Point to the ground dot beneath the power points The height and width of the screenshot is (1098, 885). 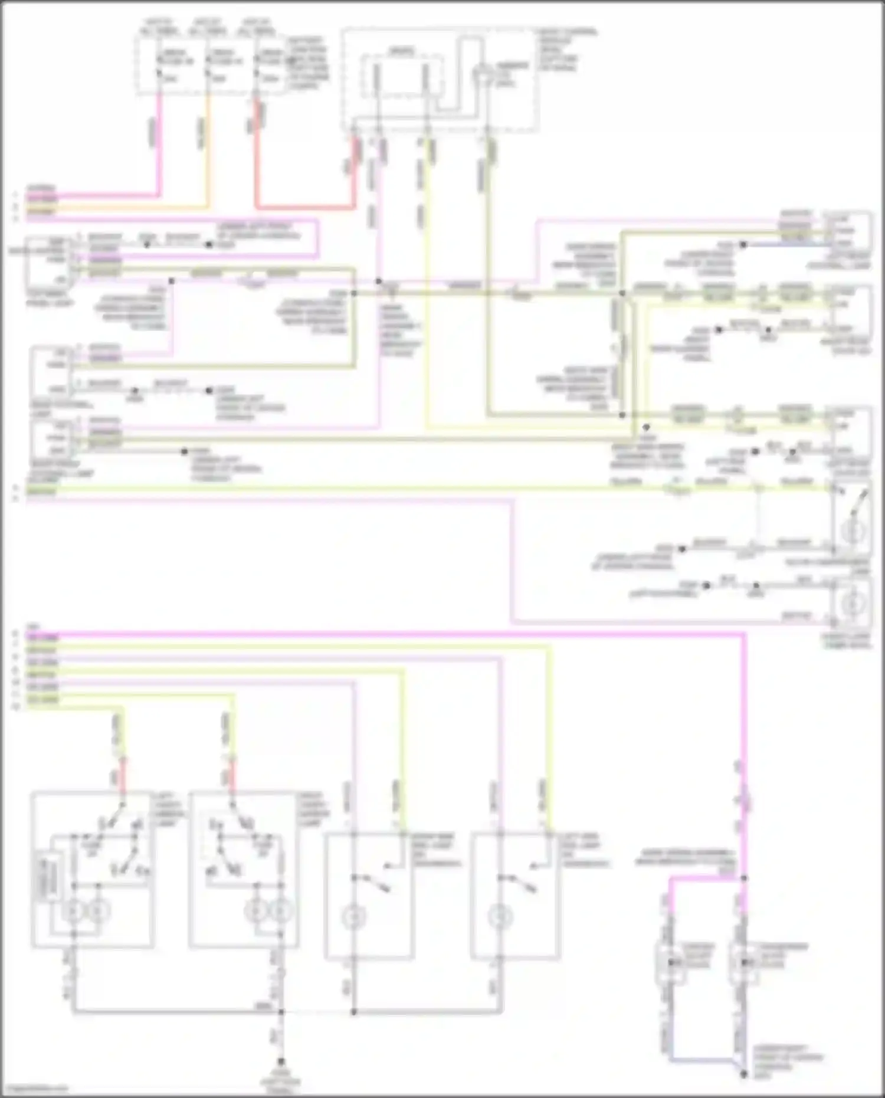(x=744, y=1074)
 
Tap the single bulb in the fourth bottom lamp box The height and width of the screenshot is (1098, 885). (x=500, y=917)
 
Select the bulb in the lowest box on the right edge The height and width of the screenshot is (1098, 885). (x=852, y=604)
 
